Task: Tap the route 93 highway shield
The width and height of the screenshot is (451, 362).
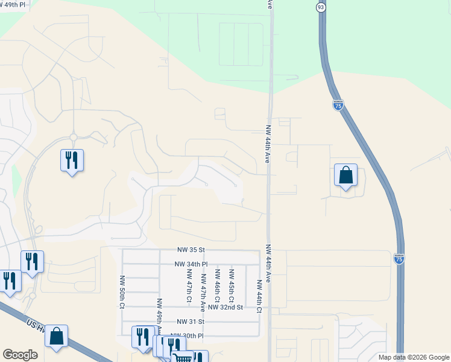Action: coord(320,7)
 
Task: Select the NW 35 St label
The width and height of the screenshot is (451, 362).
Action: coord(192,249)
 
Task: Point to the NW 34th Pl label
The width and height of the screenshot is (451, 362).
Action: coord(191,264)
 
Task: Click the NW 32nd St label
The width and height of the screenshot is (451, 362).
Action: coord(225,307)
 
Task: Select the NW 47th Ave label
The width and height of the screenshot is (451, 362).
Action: coord(204,290)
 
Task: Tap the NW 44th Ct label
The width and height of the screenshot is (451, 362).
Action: coord(259,296)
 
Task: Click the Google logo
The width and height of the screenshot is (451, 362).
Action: coord(20,355)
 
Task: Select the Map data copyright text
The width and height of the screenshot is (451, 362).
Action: coord(413,357)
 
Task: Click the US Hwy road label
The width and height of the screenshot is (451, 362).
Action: coord(36,325)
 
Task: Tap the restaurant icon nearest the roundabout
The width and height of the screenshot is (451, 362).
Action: coord(72,160)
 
